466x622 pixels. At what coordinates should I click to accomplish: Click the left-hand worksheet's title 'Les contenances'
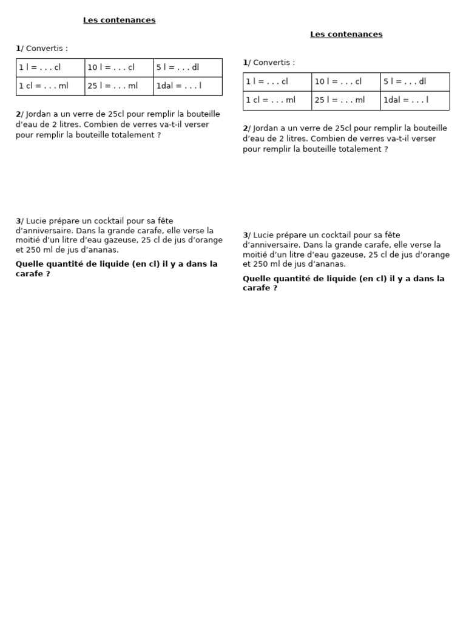coord(119,20)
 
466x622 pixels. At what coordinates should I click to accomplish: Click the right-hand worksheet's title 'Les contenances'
coord(346,34)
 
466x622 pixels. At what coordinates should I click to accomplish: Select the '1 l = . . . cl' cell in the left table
coord(50,67)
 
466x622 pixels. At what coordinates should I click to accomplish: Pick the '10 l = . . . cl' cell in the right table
coord(346,81)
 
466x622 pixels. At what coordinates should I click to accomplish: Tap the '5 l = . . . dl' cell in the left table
coord(187,67)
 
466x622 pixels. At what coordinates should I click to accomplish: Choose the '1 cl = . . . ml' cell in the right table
coord(277,100)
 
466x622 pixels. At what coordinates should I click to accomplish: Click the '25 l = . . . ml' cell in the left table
coord(119,86)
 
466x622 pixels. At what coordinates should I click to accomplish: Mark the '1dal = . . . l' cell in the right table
coord(414,100)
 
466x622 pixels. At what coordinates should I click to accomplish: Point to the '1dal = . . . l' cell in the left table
coord(187,86)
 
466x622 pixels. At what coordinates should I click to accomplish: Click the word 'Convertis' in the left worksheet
coord(44,49)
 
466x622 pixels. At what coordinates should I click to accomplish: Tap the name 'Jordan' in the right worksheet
coord(265,128)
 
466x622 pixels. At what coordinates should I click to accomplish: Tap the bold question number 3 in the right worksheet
coord(245,235)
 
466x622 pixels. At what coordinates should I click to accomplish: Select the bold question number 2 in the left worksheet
coord(18,114)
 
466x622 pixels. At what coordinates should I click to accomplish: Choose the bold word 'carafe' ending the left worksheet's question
coord(29,274)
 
